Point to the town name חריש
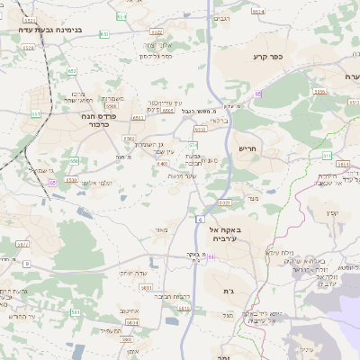point(247,147)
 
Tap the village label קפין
point(332,213)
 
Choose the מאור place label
point(160,230)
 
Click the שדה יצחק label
point(133,273)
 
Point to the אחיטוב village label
point(128,310)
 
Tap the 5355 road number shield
point(319,92)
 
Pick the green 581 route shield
point(76,312)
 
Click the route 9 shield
point(27,264)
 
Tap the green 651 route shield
point(35,113)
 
